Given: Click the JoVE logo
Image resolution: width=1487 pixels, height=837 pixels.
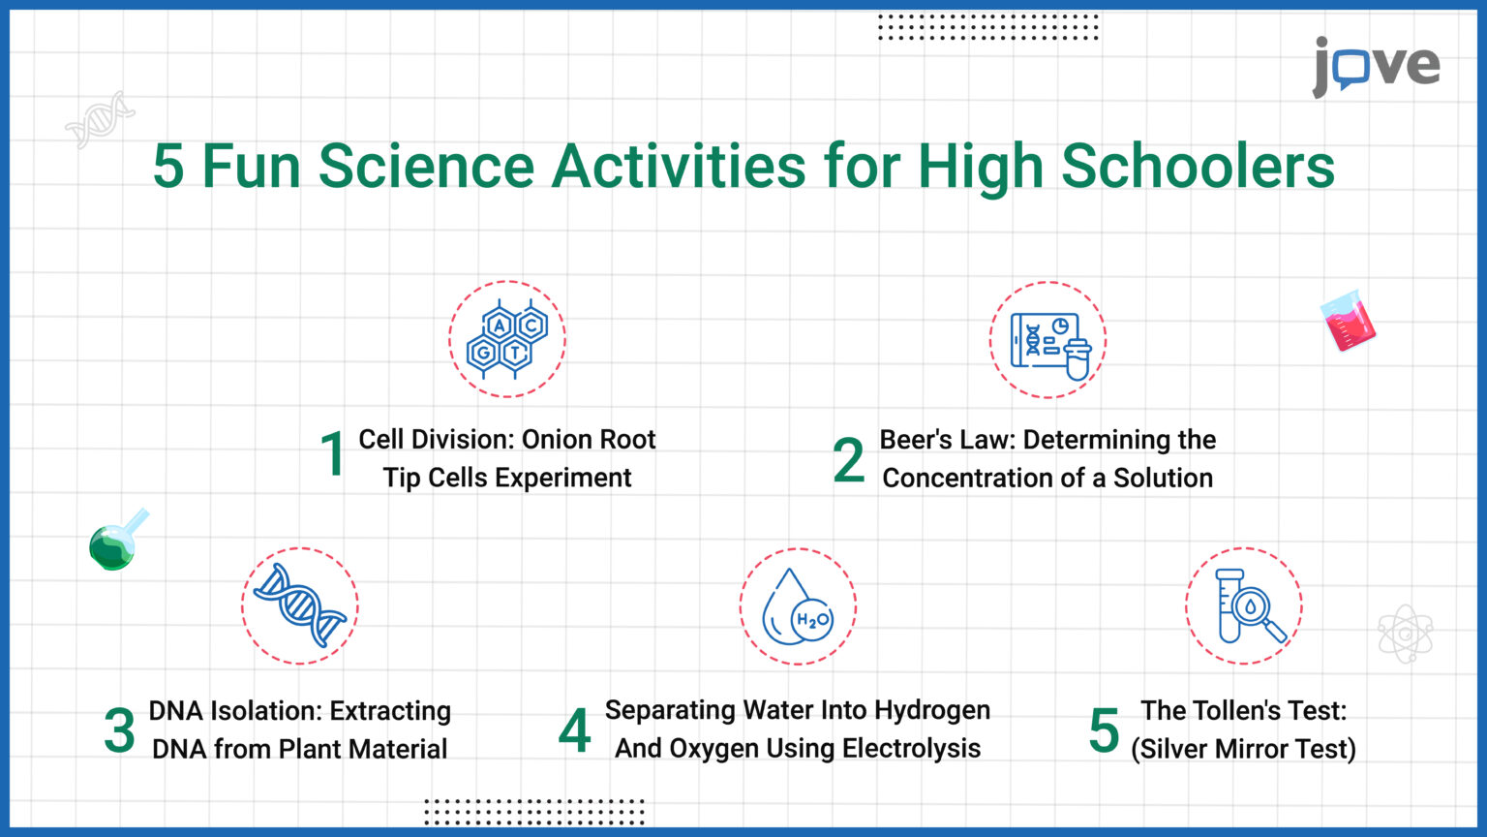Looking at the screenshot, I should pyautogui.click(x=1376, y=66).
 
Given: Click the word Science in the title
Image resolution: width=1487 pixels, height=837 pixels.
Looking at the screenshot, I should pyautogui.click(x=426, y=166).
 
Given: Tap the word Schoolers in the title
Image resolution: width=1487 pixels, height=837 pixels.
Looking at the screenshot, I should pyautogui.click(x=1198, y=166).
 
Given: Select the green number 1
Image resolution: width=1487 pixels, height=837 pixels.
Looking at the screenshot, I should pyautogui.click(x=333, y=454).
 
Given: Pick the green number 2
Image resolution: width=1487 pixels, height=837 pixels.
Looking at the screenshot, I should pyautogui.click(x=848, y=461).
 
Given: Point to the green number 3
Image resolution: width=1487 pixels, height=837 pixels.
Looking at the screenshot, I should pyautogui.click(x=119, y=731).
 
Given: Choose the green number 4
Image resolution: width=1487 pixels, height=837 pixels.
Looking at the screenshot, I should pyautogui.click(x=574, y=731).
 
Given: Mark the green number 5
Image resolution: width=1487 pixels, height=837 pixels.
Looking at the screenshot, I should pyautogui.click(x=1104, y=731).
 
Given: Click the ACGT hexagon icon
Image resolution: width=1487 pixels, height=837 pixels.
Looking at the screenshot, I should pyautogui.click(x=507, y=339).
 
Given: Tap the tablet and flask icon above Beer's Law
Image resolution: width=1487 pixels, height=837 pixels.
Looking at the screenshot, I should pyautogui.click(x=1048, y=341).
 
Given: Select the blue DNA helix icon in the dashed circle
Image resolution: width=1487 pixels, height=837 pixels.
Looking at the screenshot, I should pyautogui.click(x=300, y=605).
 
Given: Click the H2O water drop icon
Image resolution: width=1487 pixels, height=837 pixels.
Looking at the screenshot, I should pyautogui.click(x=798, y=607).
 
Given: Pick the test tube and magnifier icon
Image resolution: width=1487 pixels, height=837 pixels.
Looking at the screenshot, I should pyautogui.click(x=1245, y=606).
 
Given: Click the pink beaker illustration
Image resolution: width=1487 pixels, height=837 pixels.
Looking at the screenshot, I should pyautogui.click(x=1348, y=324).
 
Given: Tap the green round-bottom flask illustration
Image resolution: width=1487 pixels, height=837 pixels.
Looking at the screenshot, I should pyautogui.click(x=116, y=542).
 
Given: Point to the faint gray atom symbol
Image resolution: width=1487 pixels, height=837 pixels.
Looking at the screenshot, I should pyautogui.click(x=1405, y=635).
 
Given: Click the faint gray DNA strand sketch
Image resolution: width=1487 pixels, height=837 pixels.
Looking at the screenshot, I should pyautogui.click(x=101, y=119).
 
